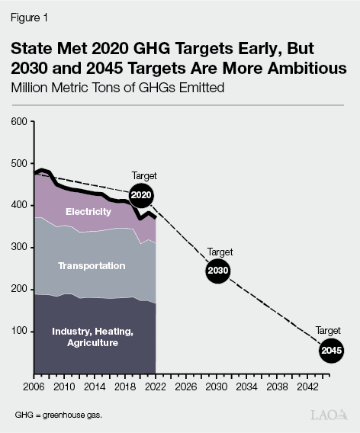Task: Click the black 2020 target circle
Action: pos(141,195)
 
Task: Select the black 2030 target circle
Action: pos(217,271)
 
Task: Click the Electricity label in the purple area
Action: pos(88,211)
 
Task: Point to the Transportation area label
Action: pos(92,265)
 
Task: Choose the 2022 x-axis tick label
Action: pos(156,386)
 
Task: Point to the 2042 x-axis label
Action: pos(307,386)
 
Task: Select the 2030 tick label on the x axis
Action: pos(216,386)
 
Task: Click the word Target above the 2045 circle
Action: pos(329,331)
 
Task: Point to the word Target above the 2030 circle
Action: pos(220,252)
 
